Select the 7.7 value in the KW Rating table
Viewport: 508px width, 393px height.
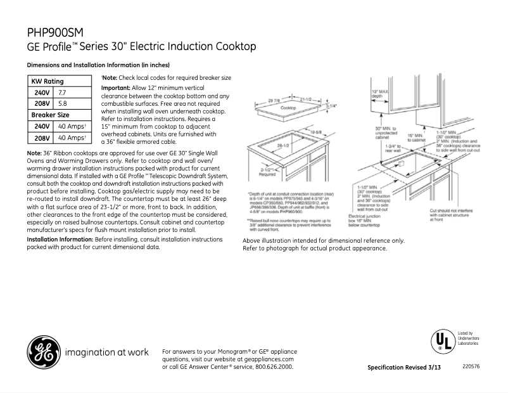63,93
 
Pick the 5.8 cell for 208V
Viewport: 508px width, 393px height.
63,103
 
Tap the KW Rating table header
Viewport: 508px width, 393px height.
48,82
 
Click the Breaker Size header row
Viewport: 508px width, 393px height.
51,115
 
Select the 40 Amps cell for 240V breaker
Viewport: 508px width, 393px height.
72,126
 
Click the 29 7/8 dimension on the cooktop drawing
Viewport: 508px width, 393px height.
274,101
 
